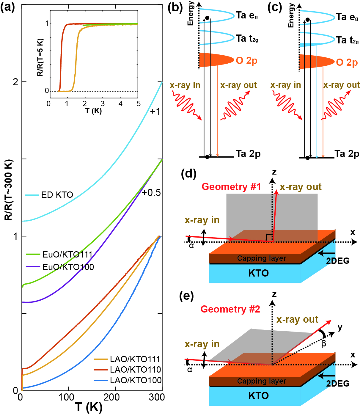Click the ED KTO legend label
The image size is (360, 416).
point(57,195)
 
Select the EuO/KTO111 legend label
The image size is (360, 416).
point(67,255)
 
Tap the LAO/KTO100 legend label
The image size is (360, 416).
point(136,380)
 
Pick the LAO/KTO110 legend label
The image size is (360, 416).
point(136,370)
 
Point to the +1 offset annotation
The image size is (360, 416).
point(155,112)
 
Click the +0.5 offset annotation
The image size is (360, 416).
point(151,193)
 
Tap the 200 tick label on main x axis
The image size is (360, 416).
point(111,397)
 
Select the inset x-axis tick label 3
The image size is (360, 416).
point(103,104)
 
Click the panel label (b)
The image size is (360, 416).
point(175,7)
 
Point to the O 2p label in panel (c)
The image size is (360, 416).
point(347,62)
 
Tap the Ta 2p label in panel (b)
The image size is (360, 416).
point(248,154)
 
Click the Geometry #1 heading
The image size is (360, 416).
point(231,187)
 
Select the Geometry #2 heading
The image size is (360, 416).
point(230,309)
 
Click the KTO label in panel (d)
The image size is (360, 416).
point(258,273)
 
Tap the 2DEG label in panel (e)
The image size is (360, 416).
point(338,384)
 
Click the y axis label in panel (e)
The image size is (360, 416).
point(340,327)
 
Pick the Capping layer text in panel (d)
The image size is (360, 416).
point(262,258)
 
